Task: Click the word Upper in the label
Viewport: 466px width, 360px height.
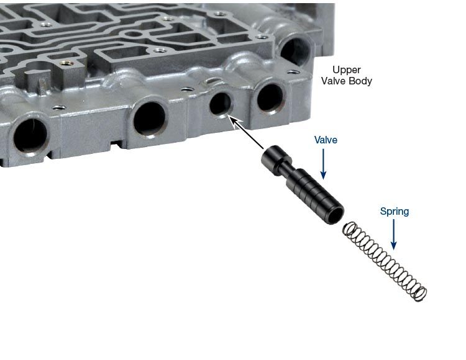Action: pos(346,70)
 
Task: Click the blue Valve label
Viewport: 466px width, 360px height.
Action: pos(326,140)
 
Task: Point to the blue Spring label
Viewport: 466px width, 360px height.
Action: pos(395,211)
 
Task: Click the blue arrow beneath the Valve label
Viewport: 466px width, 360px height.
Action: pos(323,164)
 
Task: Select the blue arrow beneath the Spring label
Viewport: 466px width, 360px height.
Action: pos(393,235)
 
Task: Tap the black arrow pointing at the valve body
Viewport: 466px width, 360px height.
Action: pos(247,133)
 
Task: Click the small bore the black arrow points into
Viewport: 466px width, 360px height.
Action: pos(220,104)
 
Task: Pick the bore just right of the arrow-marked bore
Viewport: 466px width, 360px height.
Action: pos(270,97)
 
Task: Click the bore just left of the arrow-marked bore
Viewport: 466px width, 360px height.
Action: pos(149,119)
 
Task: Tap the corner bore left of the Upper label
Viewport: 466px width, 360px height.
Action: pos(295,50)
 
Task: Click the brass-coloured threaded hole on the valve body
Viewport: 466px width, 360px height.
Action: pos(66,63)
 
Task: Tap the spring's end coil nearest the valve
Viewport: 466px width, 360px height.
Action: pos(350,229)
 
